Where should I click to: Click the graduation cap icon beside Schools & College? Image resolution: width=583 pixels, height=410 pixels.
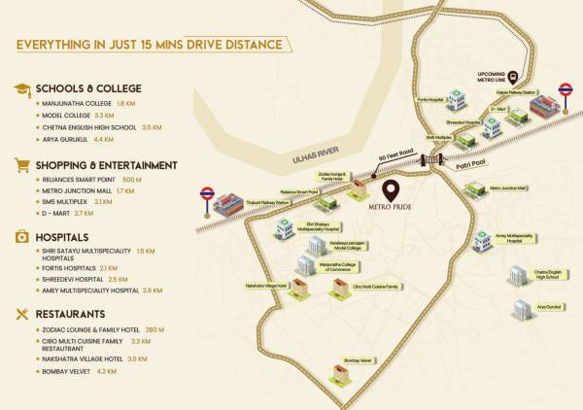[20, 88]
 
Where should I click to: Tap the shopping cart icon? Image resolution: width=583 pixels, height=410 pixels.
[20, 165]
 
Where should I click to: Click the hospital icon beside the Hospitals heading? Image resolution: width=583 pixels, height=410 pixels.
[20, 237]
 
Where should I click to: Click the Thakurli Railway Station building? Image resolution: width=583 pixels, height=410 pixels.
[225, 202]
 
